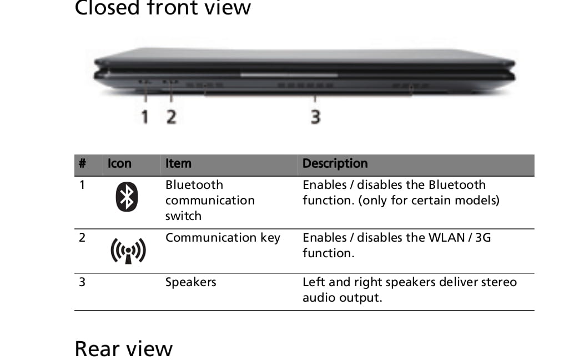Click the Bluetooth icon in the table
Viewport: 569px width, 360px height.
click(127, 197)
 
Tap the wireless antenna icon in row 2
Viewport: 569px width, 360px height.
click(128, 251)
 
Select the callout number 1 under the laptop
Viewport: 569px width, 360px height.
click(145, 117)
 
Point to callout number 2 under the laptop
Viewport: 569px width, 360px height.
click(172, 117)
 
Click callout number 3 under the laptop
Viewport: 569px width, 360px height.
click(316, 117)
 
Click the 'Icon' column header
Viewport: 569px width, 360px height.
click(119, 163)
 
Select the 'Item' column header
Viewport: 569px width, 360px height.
click(178, 163)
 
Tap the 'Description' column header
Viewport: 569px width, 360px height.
click(335, 163)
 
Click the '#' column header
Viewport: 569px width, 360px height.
click(82, 163)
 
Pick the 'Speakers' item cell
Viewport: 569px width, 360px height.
click(190, 282)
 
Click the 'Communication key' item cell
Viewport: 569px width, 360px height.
click(223, 238)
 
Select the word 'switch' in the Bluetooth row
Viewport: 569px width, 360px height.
click(183, 216)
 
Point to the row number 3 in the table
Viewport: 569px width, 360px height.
click(82, 282)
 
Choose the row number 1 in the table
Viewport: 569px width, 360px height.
click(82, 185)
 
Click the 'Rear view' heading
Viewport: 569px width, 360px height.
click(123, 349)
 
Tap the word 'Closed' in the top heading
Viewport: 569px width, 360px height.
click(107, 8)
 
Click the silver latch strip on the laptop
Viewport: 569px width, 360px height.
click(289, 75)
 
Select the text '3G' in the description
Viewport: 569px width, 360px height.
click(483, 238)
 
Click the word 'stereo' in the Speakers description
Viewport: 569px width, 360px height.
click(498, 282)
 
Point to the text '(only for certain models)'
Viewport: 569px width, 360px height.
click(429, 200)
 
